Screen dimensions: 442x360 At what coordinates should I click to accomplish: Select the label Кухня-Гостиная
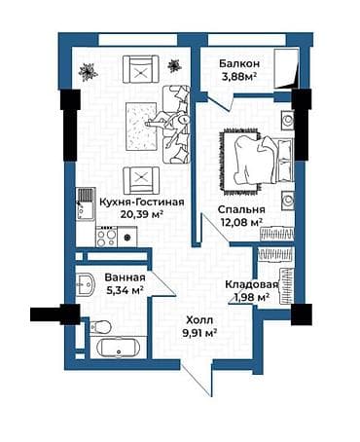tap(115, 202)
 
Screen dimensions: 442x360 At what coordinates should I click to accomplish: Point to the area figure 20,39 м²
tap(115, 215)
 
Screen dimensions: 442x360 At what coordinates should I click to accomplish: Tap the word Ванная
tap(124, 276)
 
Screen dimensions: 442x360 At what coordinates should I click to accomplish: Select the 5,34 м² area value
tap(124, 289)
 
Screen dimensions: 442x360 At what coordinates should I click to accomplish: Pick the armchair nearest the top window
tap(140, 69)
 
